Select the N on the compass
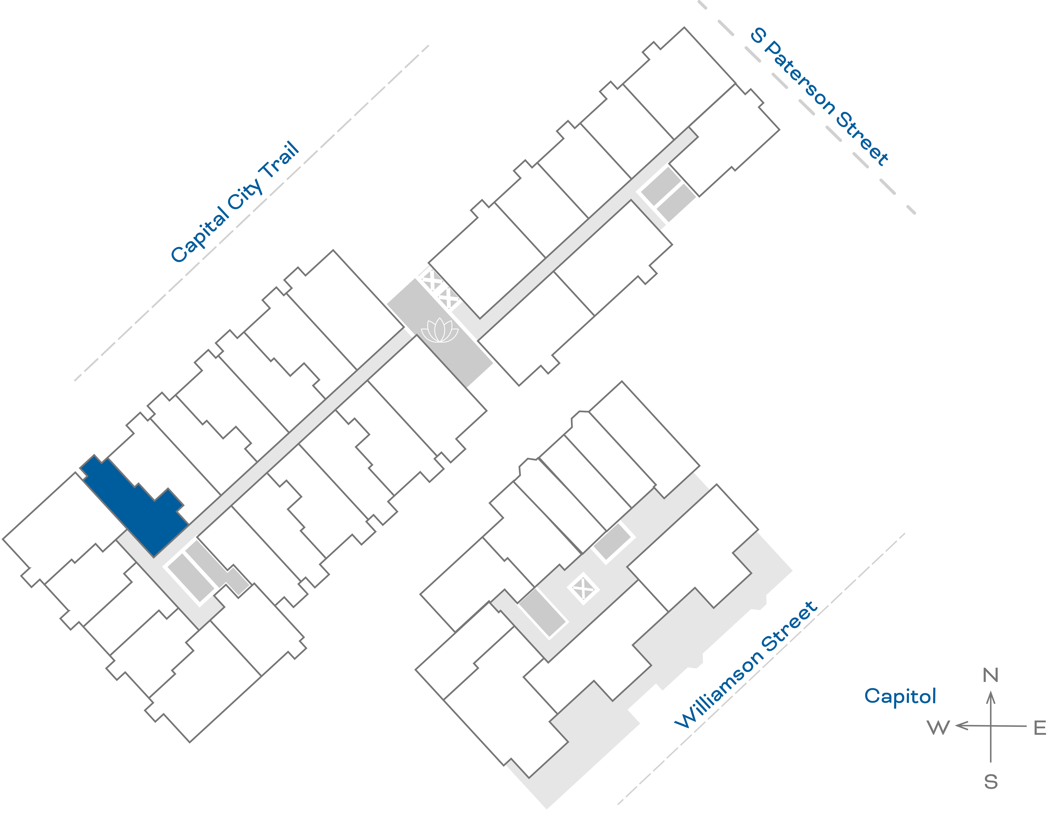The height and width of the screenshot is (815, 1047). coord(990,675)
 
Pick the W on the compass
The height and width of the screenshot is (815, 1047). coord(938,728)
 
